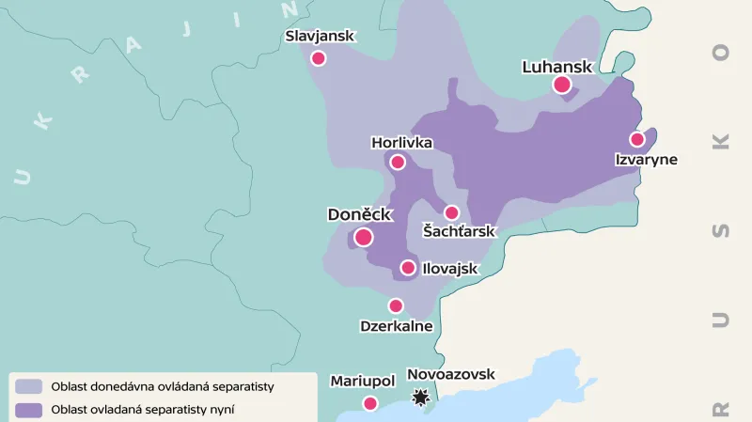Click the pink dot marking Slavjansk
[318, 58]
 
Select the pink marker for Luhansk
[562, 85]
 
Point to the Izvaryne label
[646, 160]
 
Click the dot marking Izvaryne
[637, 139]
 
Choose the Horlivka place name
[401, 143]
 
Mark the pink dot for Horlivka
[398, 162]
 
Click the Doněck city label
[359, 214]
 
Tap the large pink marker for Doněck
[364, 237]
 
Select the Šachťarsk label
[458, 231]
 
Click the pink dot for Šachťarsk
[451, 212]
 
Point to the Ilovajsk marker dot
[408, 268]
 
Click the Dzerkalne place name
[396, 326]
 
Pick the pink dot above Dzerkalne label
[396, 305]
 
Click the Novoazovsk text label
[450, 374]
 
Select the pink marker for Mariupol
[370, 403]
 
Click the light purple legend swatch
[29, 386]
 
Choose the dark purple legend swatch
[29, 409]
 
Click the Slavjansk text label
[320, 36]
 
